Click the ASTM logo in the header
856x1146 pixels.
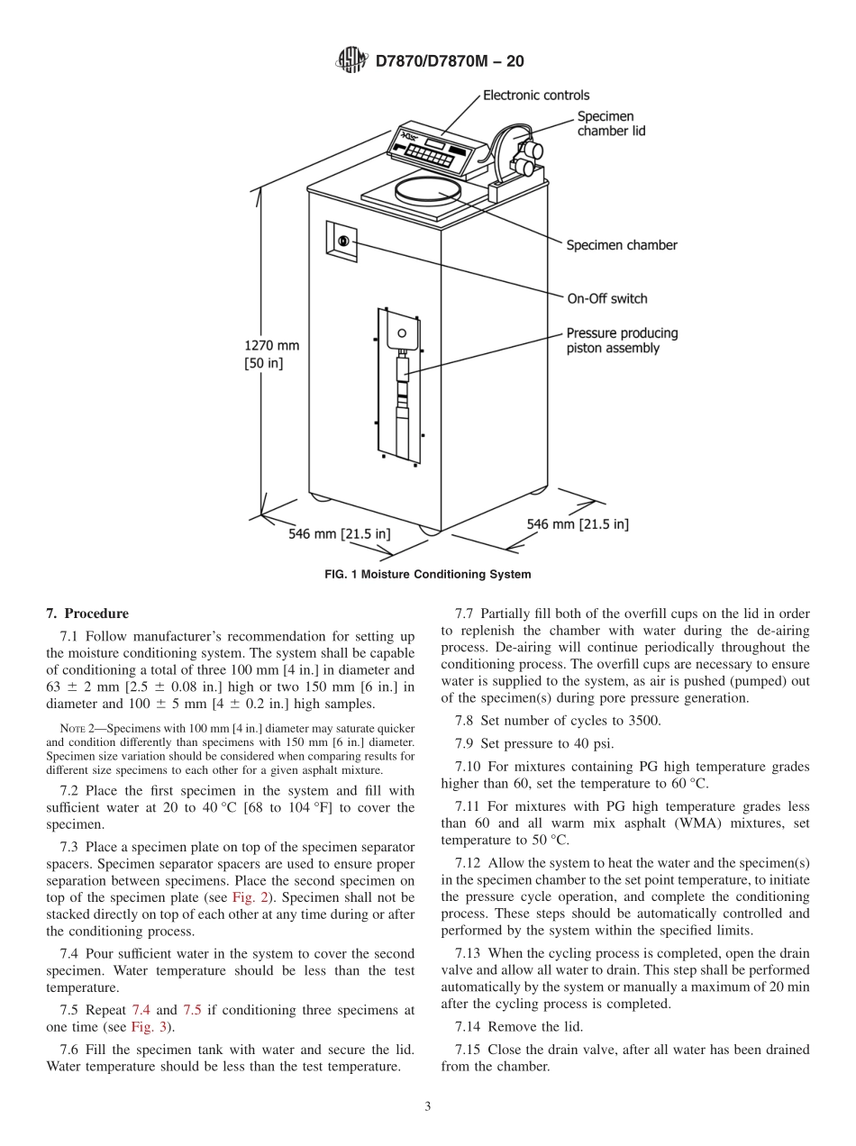click(x=351, y=60)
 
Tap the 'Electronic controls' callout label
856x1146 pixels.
click(x=536, y=95)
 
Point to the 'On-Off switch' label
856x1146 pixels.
click(x=606, y=298)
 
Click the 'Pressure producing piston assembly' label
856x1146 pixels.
click(x=621, y=341)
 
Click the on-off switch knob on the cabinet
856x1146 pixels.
click(x=342, y=241)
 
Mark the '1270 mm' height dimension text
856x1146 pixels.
click(x=271, y=345)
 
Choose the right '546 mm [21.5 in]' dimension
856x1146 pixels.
click(x=577, y=523)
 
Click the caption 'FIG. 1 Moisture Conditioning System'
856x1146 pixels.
click(x=427, y=574)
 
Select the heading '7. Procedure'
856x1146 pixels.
click(x=87, y=614)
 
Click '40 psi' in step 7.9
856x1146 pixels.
click(x=596, y=743)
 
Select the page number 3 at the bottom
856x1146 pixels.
click(x=428, y=1107)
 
